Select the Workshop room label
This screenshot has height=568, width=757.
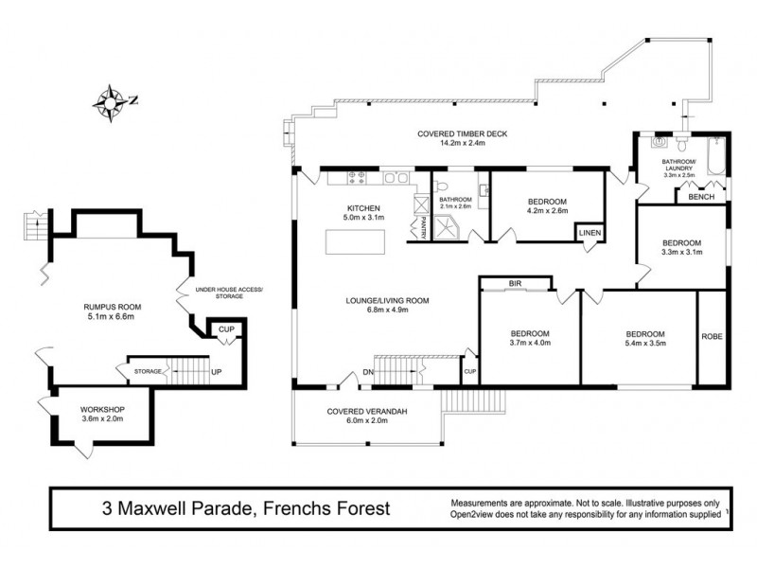pos(102,409)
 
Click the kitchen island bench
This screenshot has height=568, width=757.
pos(358,243)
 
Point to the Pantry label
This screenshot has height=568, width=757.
pos(414,226)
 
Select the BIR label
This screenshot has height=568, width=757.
pos(515,283)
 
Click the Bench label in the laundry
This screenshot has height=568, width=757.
pos(700,197)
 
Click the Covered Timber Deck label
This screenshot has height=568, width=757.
pos(463,134)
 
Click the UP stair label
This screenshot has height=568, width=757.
pos(217,372)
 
